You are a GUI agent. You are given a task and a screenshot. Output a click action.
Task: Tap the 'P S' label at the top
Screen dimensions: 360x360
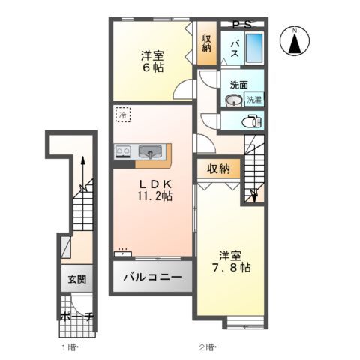pos(242,25)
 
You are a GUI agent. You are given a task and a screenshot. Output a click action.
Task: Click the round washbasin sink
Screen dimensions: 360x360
pos(232,100)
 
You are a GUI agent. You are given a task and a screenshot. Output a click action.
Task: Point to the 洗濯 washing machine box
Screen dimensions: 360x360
pos(255,97)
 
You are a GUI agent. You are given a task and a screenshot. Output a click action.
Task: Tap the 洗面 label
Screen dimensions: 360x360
pos(239,84)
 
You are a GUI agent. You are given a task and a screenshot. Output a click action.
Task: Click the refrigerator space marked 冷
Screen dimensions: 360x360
pos(122,116)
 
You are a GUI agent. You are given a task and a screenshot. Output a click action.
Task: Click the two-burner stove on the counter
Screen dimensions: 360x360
pos(123,152)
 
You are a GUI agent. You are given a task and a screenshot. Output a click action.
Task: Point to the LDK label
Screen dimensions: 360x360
pos(155,184)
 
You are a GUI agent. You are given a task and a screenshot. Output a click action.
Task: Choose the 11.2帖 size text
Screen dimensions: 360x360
pos(155,197)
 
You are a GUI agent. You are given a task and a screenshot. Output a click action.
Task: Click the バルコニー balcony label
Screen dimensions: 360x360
pos(153,277)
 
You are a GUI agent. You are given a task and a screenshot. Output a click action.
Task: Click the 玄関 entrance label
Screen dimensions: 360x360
pos(77,279)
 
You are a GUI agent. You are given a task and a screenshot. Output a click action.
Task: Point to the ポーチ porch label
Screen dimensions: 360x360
pos(77,317)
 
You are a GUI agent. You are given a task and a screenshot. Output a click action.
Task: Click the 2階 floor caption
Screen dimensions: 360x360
pos(208,346)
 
